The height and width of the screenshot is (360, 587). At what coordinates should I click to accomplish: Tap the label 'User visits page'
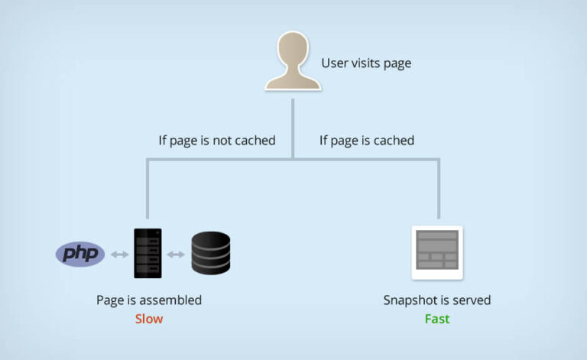coord(366,63)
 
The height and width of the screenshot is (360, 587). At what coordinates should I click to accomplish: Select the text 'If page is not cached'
coord(216,141)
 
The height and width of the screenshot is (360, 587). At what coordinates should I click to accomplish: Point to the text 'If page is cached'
coord(367,141)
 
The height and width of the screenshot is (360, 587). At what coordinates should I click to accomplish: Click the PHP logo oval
coord(80,253)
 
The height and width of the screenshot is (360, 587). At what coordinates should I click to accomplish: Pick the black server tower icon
coord(148,253)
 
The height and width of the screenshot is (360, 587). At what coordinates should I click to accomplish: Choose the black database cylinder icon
coord(211,253)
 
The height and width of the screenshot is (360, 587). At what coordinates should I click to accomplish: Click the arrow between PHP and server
coord(118,254)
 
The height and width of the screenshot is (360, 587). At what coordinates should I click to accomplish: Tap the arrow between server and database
coord(177,254)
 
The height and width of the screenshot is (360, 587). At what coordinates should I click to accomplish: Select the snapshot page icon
coord(437,253)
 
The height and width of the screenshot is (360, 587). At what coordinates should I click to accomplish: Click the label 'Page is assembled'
coord(149,300)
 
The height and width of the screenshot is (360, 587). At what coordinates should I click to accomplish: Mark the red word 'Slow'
coord(149,318)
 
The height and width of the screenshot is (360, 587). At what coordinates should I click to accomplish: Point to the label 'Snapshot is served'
coord(437,300)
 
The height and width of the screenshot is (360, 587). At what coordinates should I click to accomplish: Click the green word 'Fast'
coord(437,318)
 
